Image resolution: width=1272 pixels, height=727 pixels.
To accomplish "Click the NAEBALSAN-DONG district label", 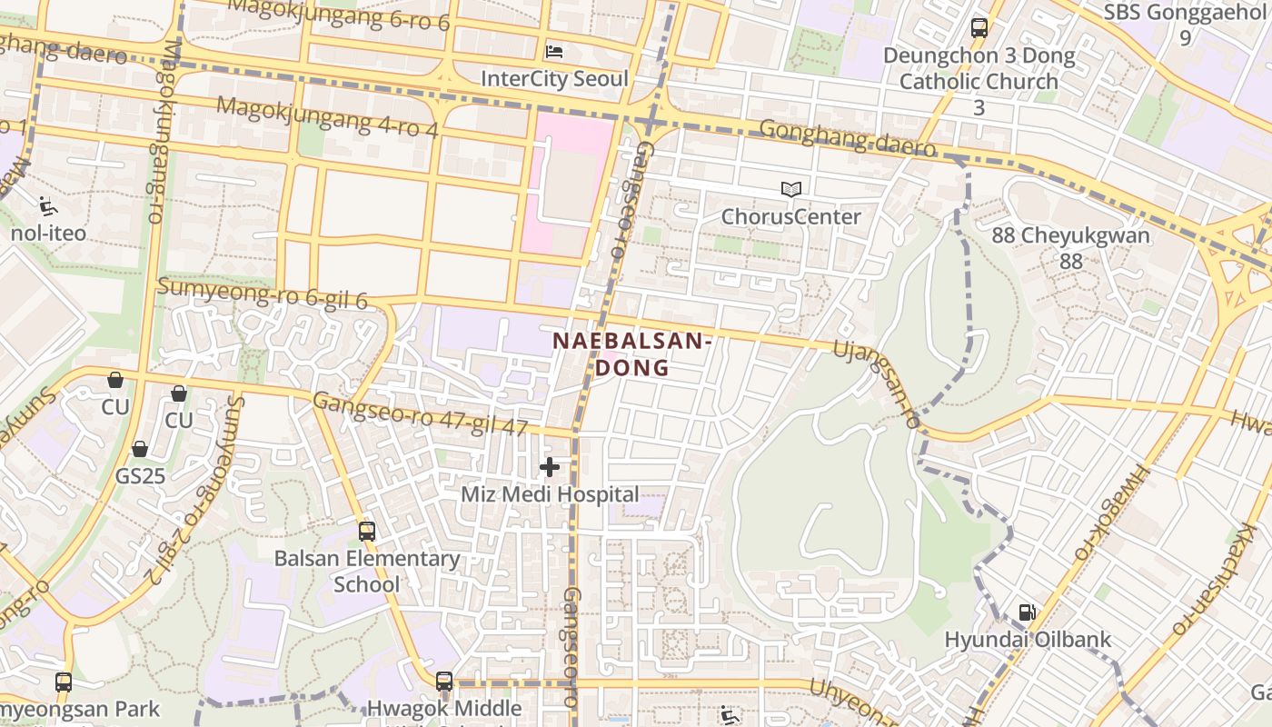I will pyautogui.click(x=631, y=354).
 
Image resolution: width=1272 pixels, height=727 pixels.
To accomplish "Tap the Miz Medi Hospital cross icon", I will pyautogui.click(x=550, y=467).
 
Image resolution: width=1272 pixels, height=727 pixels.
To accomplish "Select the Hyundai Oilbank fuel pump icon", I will pyautogui.click(x=1027, y=612).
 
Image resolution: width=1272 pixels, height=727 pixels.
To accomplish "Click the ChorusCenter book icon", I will pyautogui.click(x=791, y=190).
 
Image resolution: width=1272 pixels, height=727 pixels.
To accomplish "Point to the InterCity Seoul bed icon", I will pyautogui.click(x=554, y=52).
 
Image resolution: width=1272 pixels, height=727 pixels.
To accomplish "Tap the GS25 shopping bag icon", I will pyautogui.click(x=140, y=449).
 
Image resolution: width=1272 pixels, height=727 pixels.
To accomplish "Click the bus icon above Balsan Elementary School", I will pyautogui.click(x=367, y=532).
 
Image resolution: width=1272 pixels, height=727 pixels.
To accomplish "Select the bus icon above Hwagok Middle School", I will pyautogui.click(x=444, y=681).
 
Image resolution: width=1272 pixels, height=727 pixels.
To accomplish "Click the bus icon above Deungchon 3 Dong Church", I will pyautogui.click(x=979, y=28).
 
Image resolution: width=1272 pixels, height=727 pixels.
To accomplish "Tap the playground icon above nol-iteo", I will pyautogui.click(x=48, y=206).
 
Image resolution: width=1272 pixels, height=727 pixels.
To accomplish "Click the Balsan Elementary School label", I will pyautogui.click(x=367, y=571).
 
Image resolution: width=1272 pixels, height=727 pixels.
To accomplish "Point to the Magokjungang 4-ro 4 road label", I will pyautogui.click(x=327, y=116).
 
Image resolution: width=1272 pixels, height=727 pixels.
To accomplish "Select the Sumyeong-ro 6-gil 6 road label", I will pyautogui.click(x=262, y=294).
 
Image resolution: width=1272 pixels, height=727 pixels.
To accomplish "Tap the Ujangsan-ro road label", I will pyautogui.click(x=877, y=383).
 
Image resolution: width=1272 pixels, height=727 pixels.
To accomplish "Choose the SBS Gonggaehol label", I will pyautogui.click(x=1185, y=24).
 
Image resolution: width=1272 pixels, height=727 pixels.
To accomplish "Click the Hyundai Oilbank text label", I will pyautogui.click(x=1028, y=639).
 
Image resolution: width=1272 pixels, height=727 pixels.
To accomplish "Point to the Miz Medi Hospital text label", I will pyautogui.click(x=550, y=494).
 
